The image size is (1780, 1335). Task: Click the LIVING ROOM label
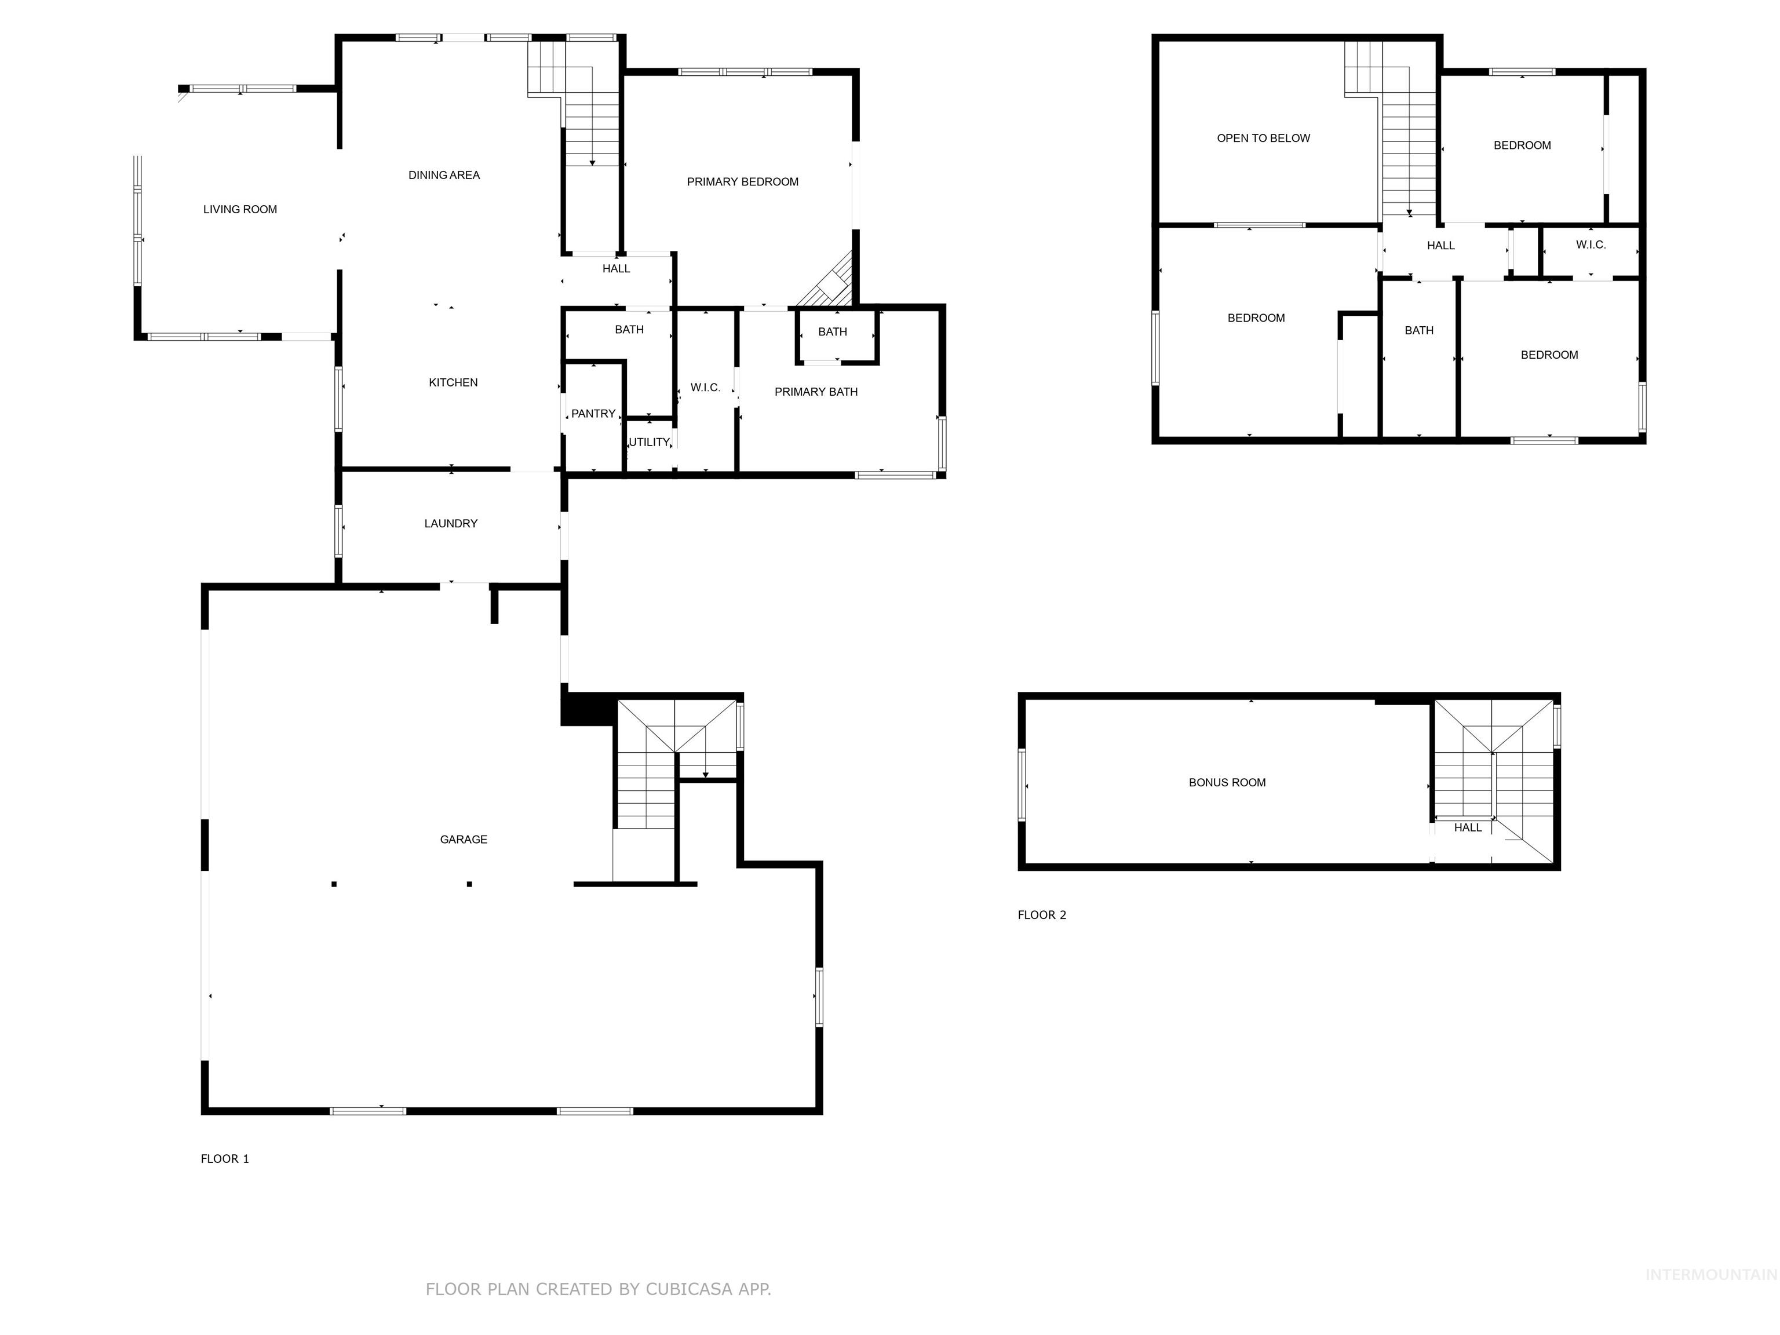point(240,209)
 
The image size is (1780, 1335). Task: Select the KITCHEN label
point(453,382)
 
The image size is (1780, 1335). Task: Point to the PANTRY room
point(593,414)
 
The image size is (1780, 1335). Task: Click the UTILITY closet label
point(648,442)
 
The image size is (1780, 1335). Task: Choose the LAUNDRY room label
point(451,523)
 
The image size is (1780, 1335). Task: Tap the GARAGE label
point(464,840)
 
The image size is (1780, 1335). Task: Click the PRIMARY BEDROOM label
point(742,182)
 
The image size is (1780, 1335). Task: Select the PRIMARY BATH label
point(815,392)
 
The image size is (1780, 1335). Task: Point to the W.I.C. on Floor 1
point(705,388)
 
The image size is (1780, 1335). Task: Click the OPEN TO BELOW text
point(1263,138)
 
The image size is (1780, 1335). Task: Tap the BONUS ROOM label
point(1227,782)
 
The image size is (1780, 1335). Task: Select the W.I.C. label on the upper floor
point(1590,245)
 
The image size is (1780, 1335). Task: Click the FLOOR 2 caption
point(1041,915)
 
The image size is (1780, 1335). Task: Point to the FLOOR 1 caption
point(224,1159)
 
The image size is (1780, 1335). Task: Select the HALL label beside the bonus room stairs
point(1467,827)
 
